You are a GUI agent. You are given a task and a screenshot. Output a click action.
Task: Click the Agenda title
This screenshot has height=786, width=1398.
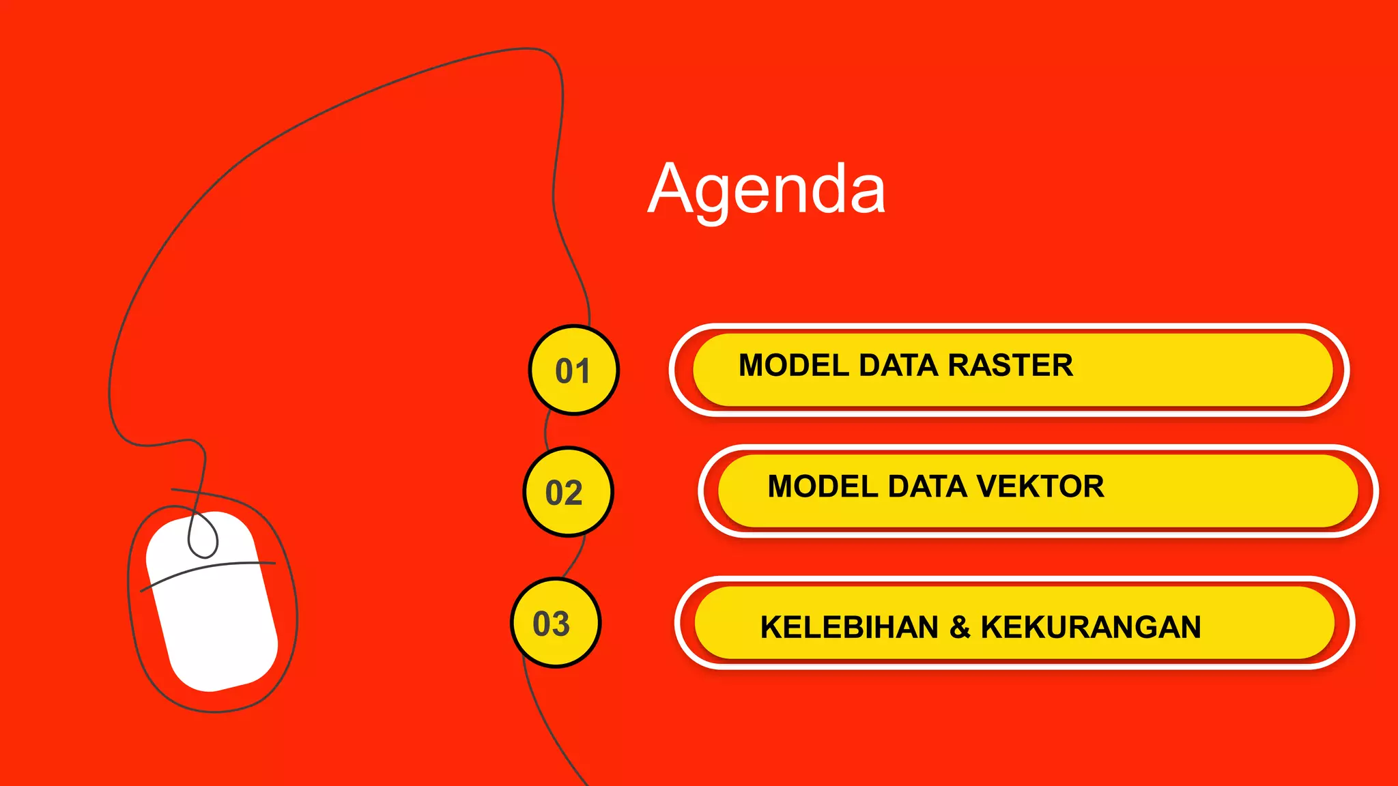point(766,189)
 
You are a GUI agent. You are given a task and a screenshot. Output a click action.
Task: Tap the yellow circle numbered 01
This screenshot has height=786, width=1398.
point(573,370)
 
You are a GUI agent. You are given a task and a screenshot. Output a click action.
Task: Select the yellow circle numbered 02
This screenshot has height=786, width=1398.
point(568,492)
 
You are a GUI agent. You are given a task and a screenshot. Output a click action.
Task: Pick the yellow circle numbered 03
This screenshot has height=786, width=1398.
point(556,623)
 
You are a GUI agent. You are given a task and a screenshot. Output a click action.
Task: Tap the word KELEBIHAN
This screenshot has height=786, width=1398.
point(849,627)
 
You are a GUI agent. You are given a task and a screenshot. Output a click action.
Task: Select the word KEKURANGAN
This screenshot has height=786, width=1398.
point(1090,627)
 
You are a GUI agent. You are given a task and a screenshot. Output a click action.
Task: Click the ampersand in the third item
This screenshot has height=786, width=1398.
point(959,627)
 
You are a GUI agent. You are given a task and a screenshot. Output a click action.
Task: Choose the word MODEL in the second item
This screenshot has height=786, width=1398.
point(823,486)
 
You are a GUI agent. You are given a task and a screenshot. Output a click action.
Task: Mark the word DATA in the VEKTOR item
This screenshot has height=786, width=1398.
point(926,486)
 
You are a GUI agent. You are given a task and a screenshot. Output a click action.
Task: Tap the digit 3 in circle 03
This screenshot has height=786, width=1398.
point(561,624)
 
